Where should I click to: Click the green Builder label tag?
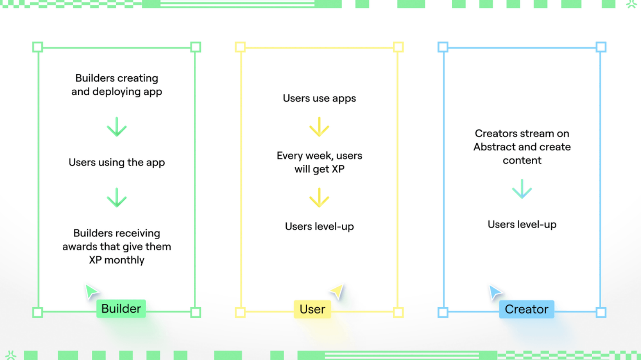point(121,309)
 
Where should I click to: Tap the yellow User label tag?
point(312,309)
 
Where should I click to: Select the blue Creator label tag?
point(526,309)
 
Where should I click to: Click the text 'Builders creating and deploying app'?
point(117,85)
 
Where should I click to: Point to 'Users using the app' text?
point(117,162)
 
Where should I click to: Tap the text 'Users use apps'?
point(319,98)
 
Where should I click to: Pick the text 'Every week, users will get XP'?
point(319,162)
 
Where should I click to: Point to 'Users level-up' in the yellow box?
point(319,226)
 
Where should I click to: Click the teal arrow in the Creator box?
point(522,189)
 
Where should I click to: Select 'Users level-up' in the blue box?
point(522,224)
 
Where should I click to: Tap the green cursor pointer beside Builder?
point(91,291)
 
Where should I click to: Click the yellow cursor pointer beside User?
point(337,291)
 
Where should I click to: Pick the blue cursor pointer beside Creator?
point(494,292)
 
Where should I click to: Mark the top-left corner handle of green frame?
point(38,47)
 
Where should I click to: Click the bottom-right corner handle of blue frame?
point(601,313)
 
